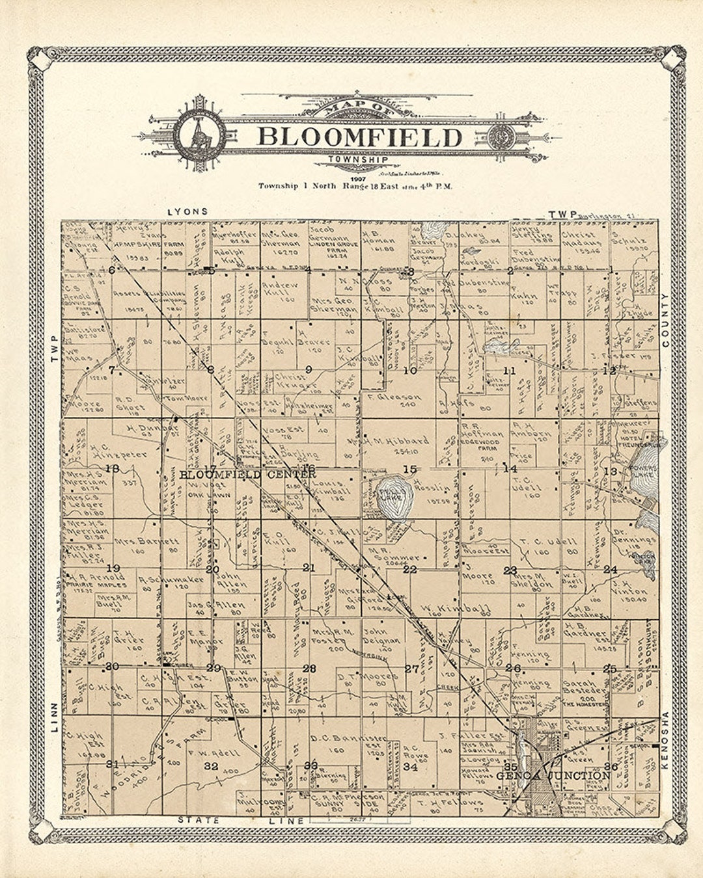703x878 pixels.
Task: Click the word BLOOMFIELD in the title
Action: tap(360, 137)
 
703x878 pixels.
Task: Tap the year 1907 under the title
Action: tap(358, 178)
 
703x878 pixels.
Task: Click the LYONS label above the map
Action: tap(187, 211)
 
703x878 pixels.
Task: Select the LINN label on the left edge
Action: tap(54, 715)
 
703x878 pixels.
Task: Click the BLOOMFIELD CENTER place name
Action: tap(247, 475)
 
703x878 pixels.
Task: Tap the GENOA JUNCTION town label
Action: tap(553, 775)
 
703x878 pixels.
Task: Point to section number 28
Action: tap(309, 669)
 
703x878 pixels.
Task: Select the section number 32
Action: tap(210, 766)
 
